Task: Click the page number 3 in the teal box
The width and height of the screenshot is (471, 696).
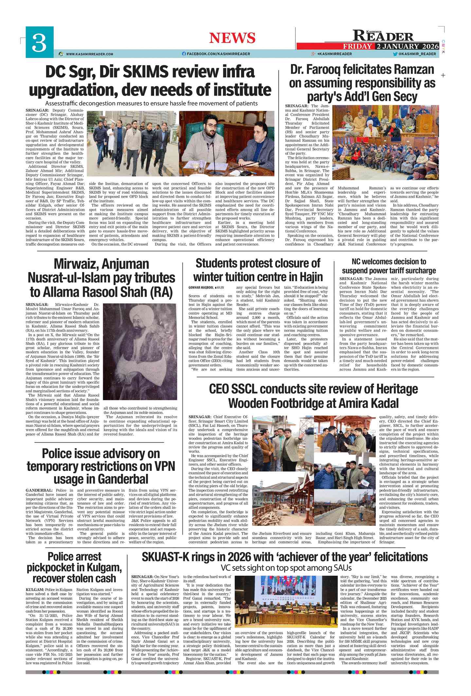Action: pyautogui.click(x=39, y=42)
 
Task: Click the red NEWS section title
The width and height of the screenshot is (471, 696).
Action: pyautogui.click(x=232, y=38)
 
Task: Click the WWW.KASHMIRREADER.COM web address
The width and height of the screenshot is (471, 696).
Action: pyautogui.click(x=89, y=54)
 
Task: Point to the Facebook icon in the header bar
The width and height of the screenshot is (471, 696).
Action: pyautogui.click(x=184, y=54)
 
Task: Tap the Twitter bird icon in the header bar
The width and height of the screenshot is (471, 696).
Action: pyautogui.click(x=395, y=54)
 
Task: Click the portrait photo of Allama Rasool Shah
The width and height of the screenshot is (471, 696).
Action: pyautogui.click(x=140, y=351)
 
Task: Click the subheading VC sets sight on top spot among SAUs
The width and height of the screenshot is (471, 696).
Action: pyautogui.click(x=286, y=567)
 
